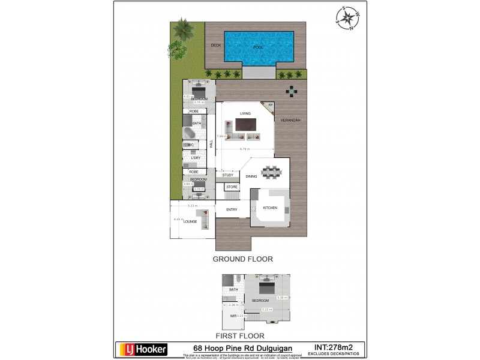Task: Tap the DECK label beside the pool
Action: (215, 45)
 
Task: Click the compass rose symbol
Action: (347, 17)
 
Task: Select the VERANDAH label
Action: (290, 121)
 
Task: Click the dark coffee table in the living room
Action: (245, 125)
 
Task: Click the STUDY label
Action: (227, 175)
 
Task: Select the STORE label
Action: (232, 187)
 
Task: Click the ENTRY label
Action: (232, 209)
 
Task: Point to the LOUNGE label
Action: (190, 221)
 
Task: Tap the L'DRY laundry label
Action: (195, 158)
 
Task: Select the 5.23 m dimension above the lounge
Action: (191, 206)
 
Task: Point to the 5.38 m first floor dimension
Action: (281, 298)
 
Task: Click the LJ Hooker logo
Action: (142, 349)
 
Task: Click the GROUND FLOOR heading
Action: (243, 259)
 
